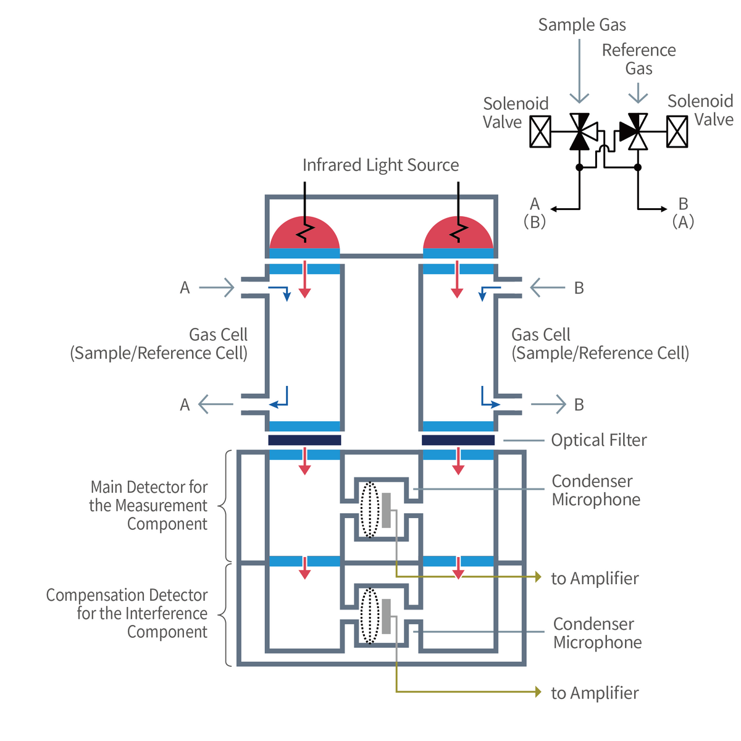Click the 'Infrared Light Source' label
tap(380, 165)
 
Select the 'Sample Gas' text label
tap(582, 25)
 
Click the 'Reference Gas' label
tap(638, 59)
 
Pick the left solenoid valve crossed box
tap(540, 132)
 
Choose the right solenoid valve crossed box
tap(677, 132)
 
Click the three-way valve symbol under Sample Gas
tap(580, 132)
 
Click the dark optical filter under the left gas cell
tap(304, 440)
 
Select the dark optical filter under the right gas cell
tap(458, 440)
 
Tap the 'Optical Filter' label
tap(598, 440)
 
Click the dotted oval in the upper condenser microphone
tap(369, 509)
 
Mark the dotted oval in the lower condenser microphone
tap(369, 615)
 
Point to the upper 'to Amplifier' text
tap(595, 579)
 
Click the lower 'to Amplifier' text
tap(595, 693)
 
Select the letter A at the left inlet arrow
tap(185, 288)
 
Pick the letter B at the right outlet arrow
tap(579, 404)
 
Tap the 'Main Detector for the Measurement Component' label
tap(148, 506)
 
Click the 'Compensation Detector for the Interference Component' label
tap(127, 614)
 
